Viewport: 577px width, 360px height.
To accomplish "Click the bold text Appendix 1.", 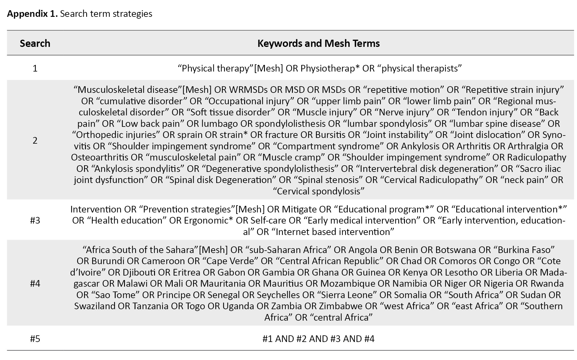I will (x=32, y=14).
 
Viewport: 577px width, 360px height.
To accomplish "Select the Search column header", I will (x=35, y=43).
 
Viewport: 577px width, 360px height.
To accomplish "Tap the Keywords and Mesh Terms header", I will (x=318, y=43).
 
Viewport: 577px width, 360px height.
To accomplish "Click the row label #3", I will (x=35, y=221).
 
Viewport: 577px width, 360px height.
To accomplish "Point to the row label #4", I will (x=35, y=283).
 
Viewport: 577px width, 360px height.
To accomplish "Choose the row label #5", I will (x=35, y=339).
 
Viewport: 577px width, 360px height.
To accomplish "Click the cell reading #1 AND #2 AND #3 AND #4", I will (x=318, y=339).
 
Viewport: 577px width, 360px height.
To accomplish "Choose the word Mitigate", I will (x=299, y=209).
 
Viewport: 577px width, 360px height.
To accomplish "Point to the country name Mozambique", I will (x=348, y=283).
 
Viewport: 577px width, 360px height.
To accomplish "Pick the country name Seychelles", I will (x=278, y=295).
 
